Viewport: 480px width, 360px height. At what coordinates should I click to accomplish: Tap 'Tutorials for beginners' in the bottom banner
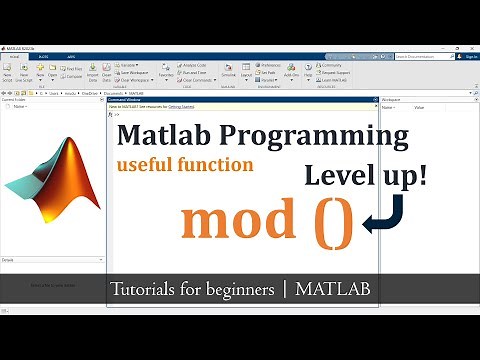click(192, 290)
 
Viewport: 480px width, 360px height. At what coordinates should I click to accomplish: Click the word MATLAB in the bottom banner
click(332, 290)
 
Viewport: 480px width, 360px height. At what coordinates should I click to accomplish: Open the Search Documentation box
click(428, 57)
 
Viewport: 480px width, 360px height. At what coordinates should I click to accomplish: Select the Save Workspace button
click(134, 73)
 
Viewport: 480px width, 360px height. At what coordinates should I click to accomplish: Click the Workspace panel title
click(393, 101)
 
